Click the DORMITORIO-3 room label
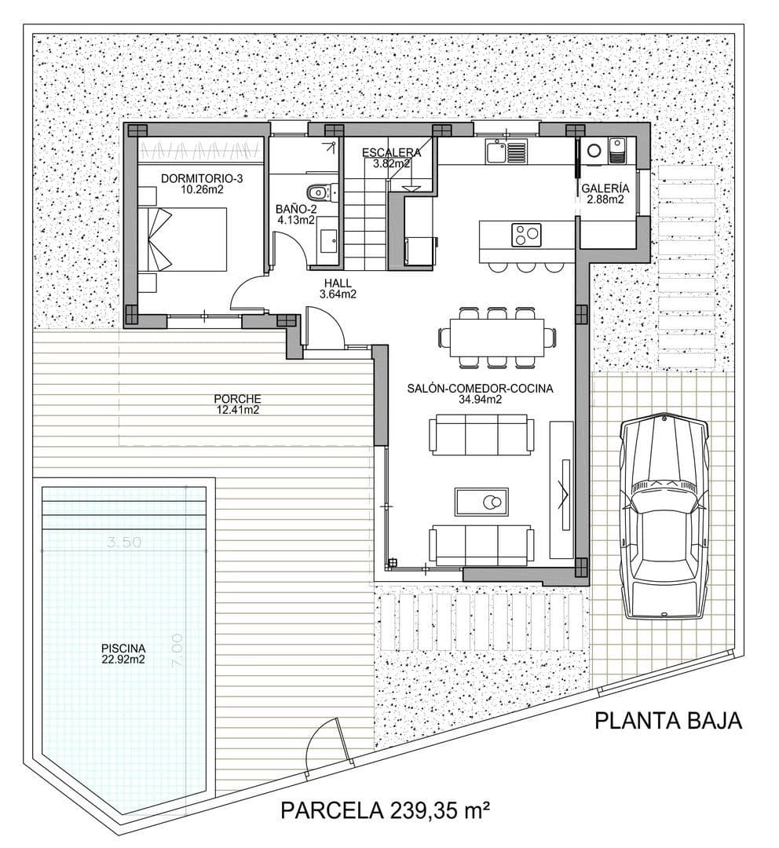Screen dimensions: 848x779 point(201,184)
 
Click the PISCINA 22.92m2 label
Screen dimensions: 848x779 point(123,653)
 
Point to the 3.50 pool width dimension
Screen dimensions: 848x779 point(123,541)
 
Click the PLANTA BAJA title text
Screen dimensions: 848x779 point(667,721)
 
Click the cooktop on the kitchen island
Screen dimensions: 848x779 point(526,233)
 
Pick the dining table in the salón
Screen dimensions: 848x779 point(498,337)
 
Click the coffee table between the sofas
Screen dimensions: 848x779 point(481,500)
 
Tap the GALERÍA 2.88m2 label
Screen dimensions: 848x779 point(605,194)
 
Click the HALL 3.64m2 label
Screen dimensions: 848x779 point(338,289)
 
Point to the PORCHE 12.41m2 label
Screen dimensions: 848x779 point(237,404)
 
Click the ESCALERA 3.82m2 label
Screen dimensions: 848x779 point(390,158)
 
